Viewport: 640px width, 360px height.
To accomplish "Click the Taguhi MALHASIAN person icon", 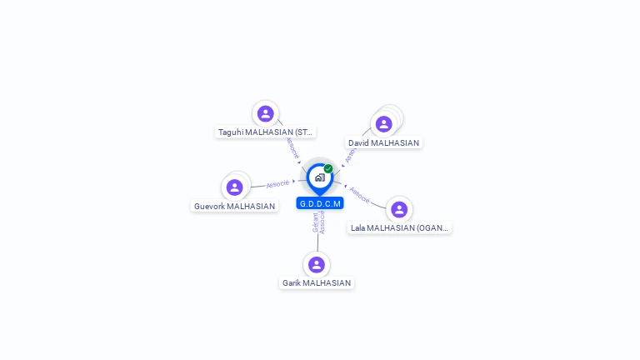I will (x=266, y=113).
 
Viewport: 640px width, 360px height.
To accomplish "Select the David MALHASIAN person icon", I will (x=383, y=124).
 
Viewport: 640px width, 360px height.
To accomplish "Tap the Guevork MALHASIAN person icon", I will (x=235, y=187).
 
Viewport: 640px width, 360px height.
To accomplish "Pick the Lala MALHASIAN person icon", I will (x=399, y=209).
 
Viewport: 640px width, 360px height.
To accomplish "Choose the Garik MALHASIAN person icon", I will (x=316, y=265).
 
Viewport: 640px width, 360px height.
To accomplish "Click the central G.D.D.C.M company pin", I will (x=319, y=177).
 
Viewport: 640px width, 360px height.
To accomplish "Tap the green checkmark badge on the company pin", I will (x=328, y=168).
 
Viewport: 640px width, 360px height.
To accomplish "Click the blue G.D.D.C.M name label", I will (x=320, y=203).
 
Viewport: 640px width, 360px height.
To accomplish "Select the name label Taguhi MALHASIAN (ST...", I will (x=266, y=132).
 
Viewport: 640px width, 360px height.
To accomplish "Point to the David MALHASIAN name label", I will (x=383, y=143).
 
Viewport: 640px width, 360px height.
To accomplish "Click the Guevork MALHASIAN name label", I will (x=234, y=207).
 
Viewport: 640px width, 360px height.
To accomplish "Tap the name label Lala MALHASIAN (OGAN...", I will (x=399, y=227).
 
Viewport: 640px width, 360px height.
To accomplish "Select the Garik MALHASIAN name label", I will (x=317, y=283).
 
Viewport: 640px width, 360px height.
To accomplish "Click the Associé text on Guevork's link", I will (x=277, y=183).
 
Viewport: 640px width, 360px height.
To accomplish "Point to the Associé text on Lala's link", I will (x=360, y=195).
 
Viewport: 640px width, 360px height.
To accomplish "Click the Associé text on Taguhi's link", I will (x=292, y=147).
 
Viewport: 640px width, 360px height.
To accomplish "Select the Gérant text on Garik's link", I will (x=316, y=222).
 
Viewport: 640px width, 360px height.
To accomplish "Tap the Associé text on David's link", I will (x=350, y=155).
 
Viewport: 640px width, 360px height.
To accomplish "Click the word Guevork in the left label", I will (x=209, y=207).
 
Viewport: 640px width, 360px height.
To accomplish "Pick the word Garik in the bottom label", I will (x=291, y=283).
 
